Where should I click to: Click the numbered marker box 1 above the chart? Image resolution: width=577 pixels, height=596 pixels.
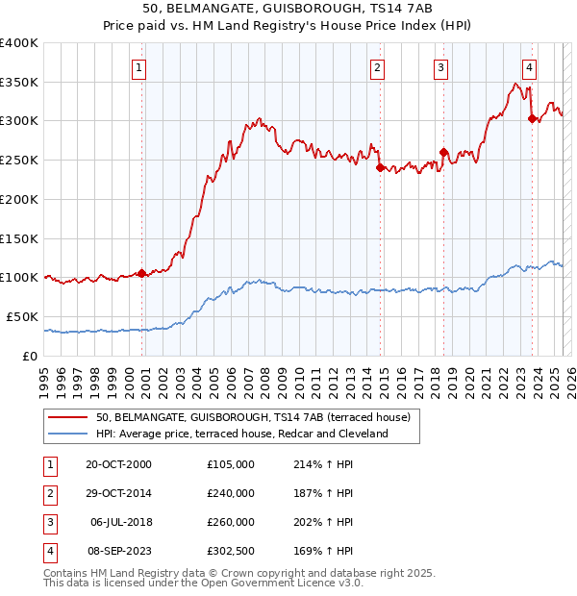(x=139, y=67)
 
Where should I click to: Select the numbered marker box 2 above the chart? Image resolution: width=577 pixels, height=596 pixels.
(x=377, y=67)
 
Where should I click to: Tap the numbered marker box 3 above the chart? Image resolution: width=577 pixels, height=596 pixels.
(x=439, y=67)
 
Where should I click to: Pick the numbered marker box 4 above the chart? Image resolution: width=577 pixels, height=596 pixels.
(x=529, y=67)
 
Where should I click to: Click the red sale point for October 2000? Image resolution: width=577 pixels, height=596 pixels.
(x=141, y=273)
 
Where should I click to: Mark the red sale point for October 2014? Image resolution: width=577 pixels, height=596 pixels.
(x=380, y=167)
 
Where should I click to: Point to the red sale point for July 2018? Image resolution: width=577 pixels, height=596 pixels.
(x=443, y=152)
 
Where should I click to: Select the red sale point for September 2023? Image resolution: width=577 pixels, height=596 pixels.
(x=532, y=119)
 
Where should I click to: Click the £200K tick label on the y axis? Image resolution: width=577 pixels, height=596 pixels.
(x=18, y=199)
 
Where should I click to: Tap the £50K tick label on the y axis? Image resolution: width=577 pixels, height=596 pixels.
(x=21, y=316)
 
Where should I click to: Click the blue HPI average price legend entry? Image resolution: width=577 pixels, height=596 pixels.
(x=241, y=434)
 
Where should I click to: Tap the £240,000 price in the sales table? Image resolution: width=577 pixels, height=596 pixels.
(x=231, y=493)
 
